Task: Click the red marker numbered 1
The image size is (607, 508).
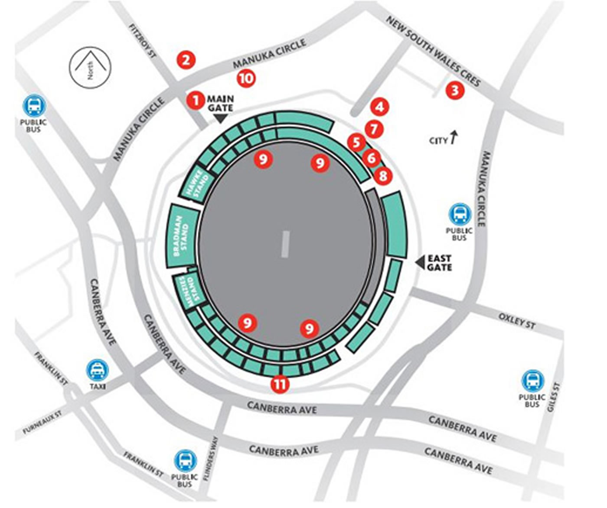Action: pyautogui.click(x=196, y=101)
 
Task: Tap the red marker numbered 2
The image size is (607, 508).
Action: pyautogui.click(x=186, y=59)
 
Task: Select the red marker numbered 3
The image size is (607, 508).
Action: pyautogui.click(x=454, y=91)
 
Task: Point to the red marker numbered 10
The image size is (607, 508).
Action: pyautogui.click(x=246, y=78)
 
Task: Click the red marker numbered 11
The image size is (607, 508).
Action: pyautogui.click(x=280, y=384)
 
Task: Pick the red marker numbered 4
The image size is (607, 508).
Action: pyautogui.click(x=380, y=107)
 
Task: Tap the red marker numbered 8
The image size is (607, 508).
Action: pyautogui.click(x=383, y=176)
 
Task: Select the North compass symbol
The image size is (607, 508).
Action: pyautogui.click(x=90, y=67)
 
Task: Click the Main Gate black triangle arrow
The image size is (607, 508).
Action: pyautogui.click(x=221, y=118)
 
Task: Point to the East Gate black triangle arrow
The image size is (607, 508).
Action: pyautogui.click(x=419, y=262)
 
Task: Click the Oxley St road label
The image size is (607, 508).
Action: pyautogui.click(x=517, y=321)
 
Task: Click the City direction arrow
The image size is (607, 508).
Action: pyautogui.click(x=454, y=137)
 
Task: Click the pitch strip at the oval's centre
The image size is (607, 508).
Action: pyautogui.click(x=285, y=244)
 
